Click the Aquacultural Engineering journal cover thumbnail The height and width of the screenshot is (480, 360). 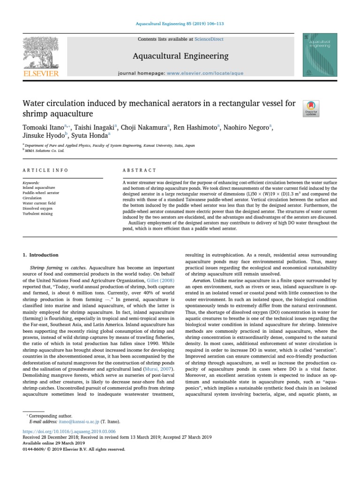coord(320,55)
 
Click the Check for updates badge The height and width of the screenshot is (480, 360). coord(312,108)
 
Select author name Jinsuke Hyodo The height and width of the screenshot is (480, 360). coord(43,135)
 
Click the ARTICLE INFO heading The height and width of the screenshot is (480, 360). coord(45,170)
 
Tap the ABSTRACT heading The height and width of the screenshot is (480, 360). coord(139,170)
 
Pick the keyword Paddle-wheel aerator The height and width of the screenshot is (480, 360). coord(41,193)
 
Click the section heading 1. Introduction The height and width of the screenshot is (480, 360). coord(41,255)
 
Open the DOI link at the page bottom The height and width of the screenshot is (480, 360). coord(69,431)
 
